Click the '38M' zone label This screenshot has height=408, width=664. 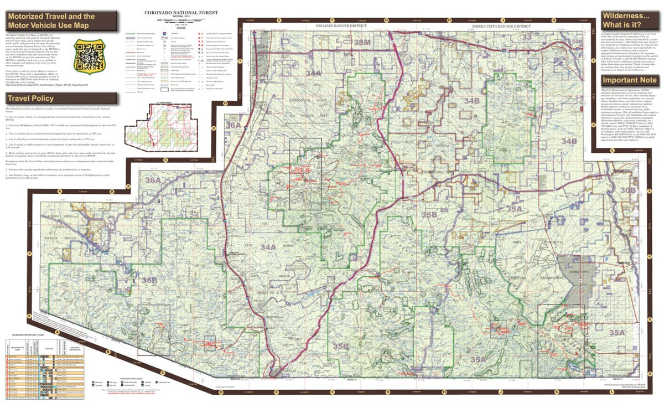point(362,43)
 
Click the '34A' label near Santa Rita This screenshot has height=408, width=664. point(313,73)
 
